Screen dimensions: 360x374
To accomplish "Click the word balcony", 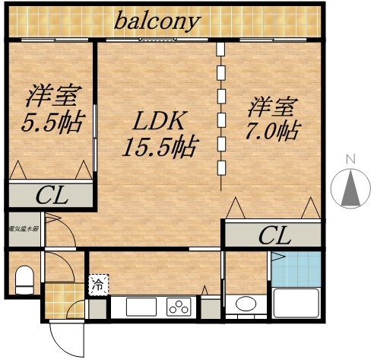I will [157, 21].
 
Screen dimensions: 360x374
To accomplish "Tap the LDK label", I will [160, 120].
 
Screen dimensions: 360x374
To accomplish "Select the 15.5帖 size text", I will [159, 145].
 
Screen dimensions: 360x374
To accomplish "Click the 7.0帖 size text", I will [269, 130].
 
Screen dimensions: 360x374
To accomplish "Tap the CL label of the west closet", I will [52, 194].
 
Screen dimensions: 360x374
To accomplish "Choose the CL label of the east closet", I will [274, 234].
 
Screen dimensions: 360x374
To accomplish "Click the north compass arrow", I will [350, 190].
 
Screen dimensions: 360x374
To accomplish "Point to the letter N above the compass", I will [350, 160].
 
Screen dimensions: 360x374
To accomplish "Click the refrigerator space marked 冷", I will [99, 285].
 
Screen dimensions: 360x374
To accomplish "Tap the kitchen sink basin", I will [137, 307].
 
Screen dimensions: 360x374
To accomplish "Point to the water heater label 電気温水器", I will [24, 228].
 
